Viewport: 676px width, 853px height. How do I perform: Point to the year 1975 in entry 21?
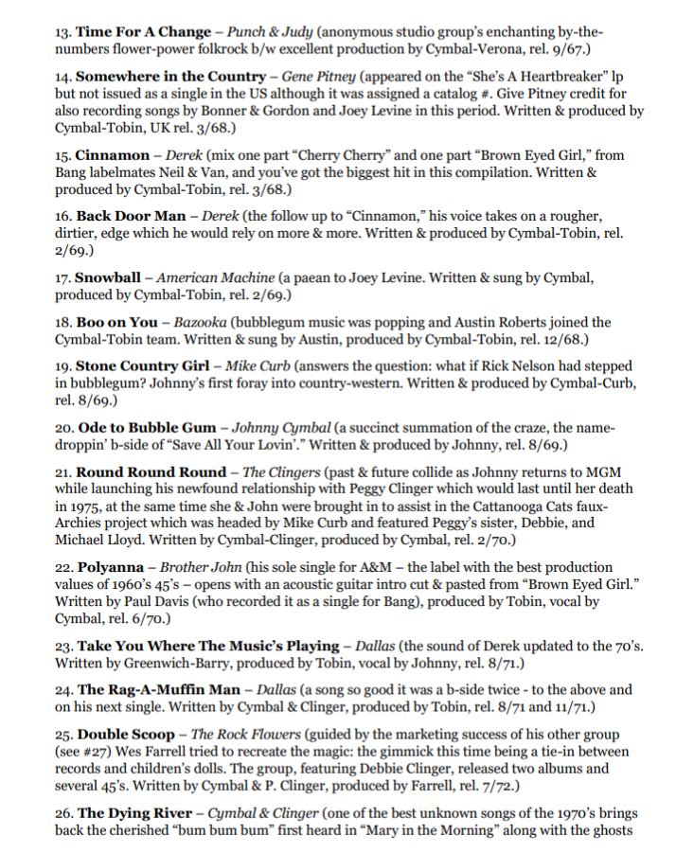click(x=88, y=506)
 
